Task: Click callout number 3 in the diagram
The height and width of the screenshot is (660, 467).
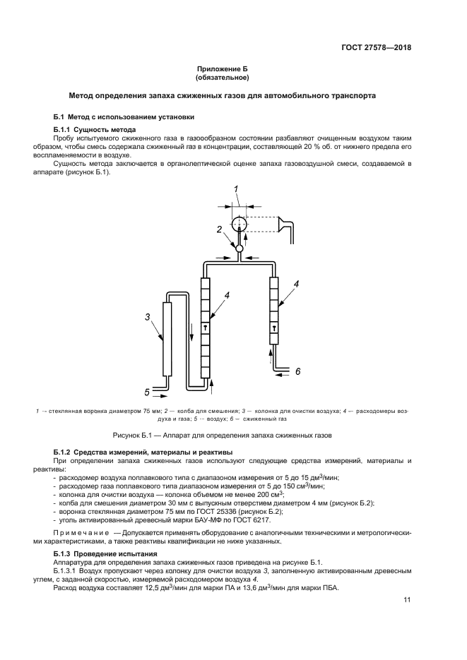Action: [x=148, y=317]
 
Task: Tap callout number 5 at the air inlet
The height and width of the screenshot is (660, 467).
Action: [x=147, y=390]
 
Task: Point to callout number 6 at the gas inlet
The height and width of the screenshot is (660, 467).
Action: [x=297, y=371]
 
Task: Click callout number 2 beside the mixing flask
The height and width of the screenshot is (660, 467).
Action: [x=220, y=229]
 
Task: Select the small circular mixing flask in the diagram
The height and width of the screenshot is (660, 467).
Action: [x=239, y=248]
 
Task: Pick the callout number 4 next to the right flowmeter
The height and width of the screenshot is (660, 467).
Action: [x=297, y=283]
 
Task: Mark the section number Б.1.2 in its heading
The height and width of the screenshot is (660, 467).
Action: [x=64, y=451]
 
